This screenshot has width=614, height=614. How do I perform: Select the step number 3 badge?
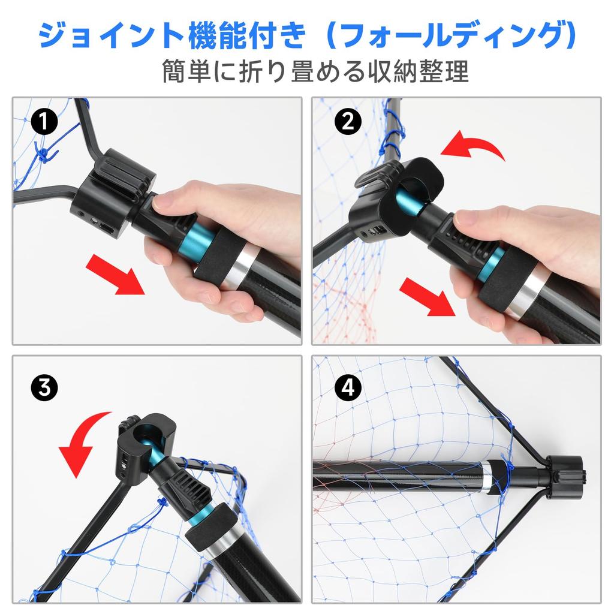44,388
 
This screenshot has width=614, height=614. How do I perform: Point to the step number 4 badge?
348,388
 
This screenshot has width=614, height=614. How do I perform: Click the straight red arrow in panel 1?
116,274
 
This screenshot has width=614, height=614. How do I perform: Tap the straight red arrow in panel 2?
428,296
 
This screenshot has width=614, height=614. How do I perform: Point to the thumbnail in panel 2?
465,221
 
